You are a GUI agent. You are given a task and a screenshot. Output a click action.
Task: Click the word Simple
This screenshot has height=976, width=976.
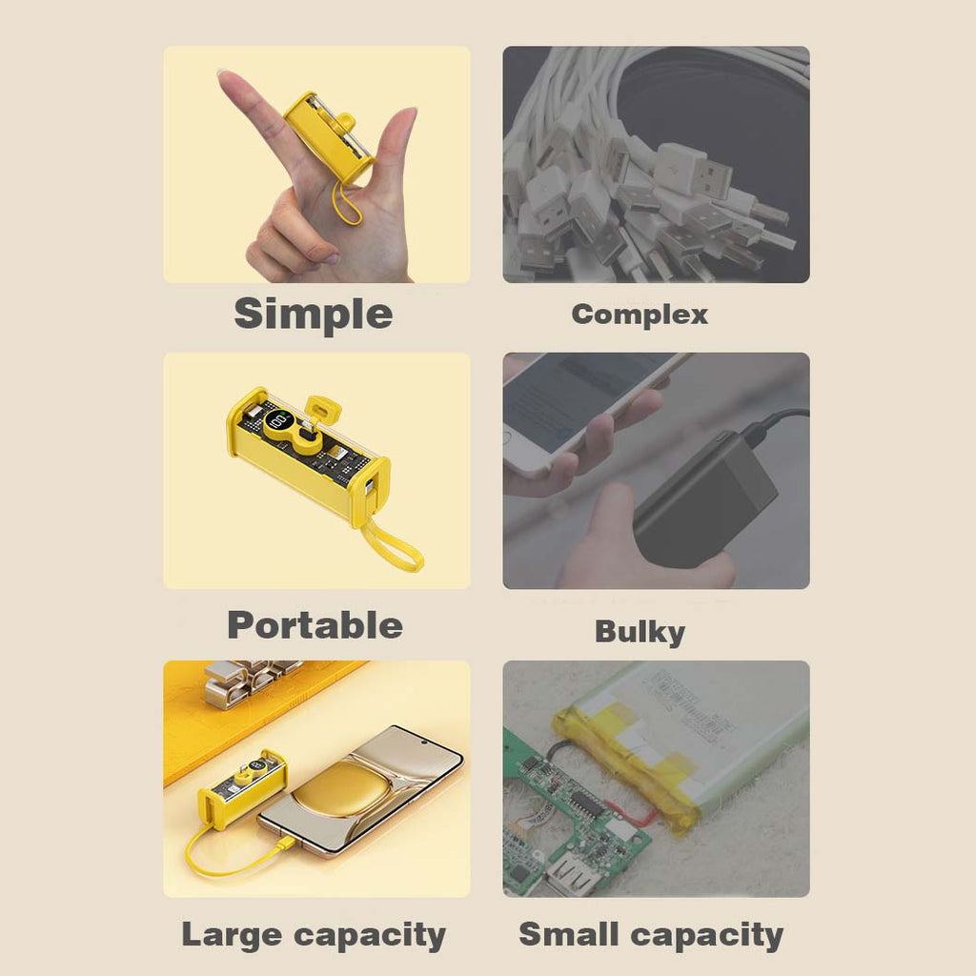coord(313,315)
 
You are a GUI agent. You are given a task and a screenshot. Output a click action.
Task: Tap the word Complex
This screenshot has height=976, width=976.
coord(640,315)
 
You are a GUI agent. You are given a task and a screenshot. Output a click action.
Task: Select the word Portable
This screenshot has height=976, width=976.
coord(315,625)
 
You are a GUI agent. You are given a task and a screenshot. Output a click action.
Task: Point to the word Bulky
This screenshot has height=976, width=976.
coord(640,632)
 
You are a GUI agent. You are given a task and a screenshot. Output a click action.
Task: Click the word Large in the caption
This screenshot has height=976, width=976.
coord(231,936)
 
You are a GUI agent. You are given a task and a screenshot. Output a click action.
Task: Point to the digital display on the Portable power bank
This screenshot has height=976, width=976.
coord(279,423)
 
